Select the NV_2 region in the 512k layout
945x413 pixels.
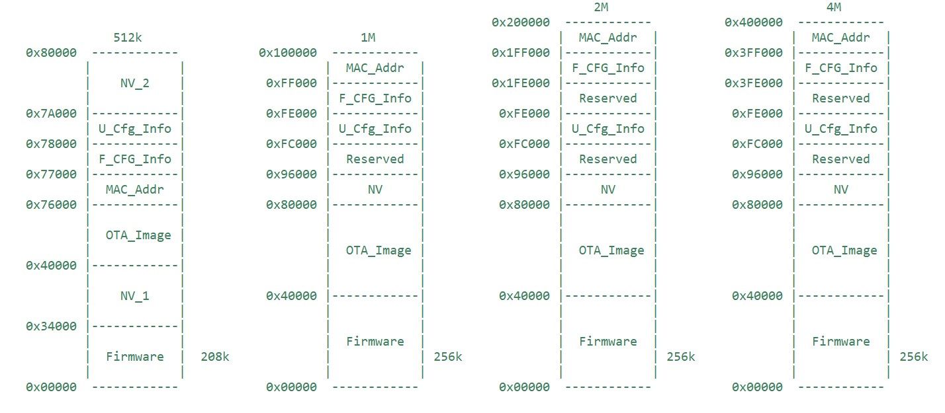point(135,83)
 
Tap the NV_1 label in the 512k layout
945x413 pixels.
point(135,295)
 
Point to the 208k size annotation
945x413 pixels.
point(215,357)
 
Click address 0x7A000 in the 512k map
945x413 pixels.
point(51,114)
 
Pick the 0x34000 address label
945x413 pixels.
point(51,326)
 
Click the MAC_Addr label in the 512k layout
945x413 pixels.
point(135,190)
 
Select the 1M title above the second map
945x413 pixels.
point(368,38)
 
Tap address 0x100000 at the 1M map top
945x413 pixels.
point(287,53)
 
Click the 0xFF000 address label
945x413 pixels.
point(291,83)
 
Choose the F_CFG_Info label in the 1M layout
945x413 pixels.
point(375,98)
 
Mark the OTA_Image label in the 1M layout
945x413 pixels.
point(375,250)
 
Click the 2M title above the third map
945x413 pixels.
point(601,7)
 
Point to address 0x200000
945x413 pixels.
point(521,22)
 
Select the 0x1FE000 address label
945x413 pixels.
point(521,83)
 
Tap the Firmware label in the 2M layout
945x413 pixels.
point(607,342)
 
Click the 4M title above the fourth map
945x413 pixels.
point(834,7)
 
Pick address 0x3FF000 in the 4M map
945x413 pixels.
point(754,53)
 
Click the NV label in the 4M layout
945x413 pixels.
point(840,190)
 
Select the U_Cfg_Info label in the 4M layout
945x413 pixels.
point(840,129)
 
